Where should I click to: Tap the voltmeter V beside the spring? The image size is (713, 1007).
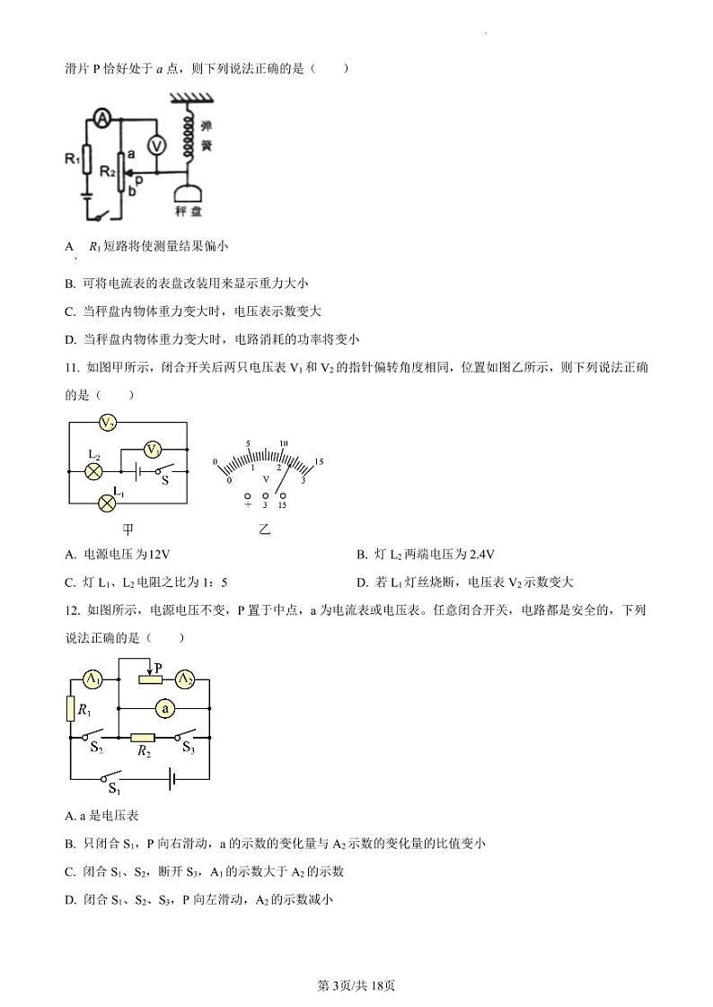click(154, 144)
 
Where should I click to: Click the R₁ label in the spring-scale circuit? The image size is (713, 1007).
click(73, 159)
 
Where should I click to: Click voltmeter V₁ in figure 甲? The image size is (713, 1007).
click(154, 449)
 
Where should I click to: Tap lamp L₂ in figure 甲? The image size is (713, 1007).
click(92, 470)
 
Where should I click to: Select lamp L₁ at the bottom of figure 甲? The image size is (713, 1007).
click(107, 503)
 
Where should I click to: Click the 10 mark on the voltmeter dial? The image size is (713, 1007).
click(283, 444)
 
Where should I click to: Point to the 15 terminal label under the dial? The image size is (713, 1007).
click(282, 506)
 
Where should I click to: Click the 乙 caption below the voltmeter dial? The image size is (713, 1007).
click(265, 530)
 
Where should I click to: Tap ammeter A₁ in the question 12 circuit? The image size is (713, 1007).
click(93, 679)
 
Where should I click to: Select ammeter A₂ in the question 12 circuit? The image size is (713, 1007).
click(184, 679)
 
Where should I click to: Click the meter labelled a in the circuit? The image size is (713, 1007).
click(164, 708)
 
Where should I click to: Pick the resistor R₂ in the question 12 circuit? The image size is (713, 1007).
click(143, 738)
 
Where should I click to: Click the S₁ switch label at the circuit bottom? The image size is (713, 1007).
click(114, 789)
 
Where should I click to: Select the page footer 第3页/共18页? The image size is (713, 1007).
click(356, 986)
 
